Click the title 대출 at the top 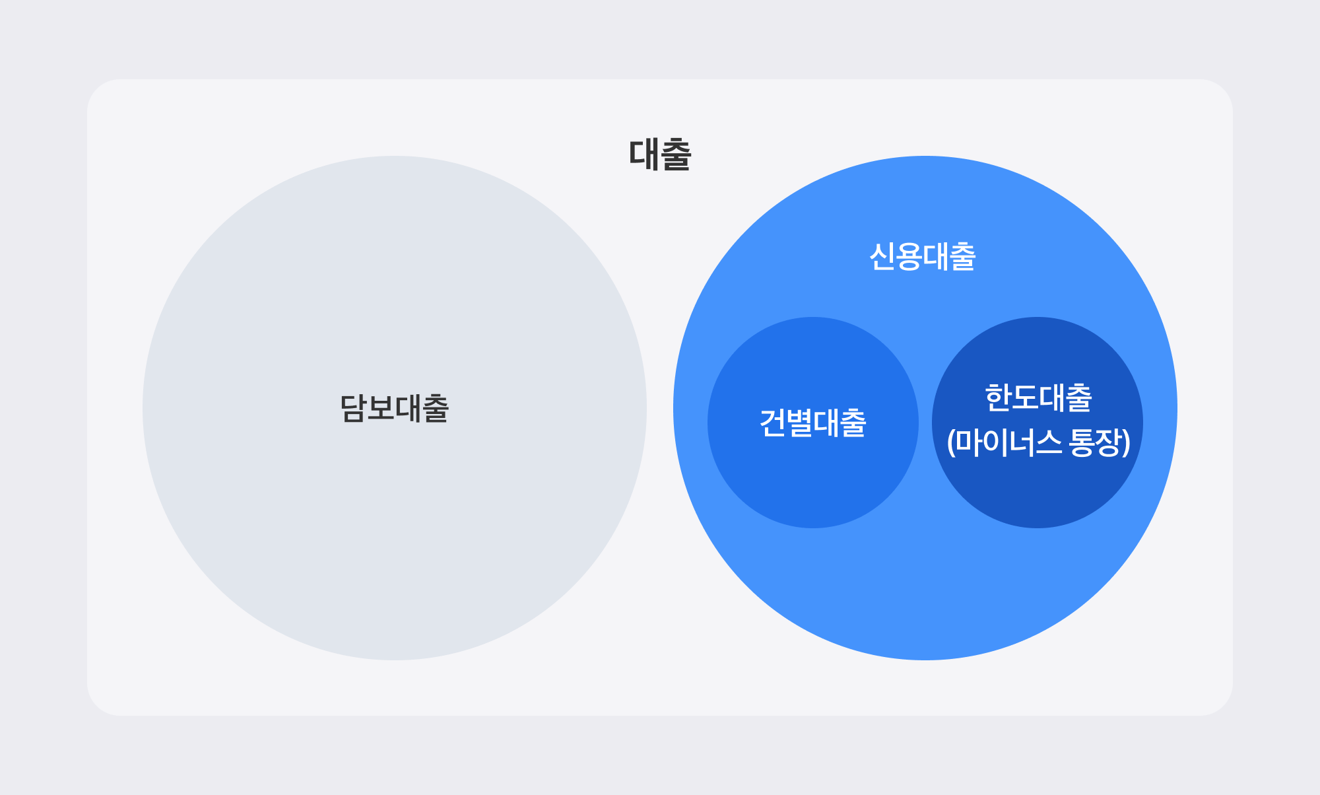click(659, 155)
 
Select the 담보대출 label click(394, 408)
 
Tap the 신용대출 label click(922, 257)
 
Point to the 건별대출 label click(812, 423)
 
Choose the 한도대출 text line click(1038, 398)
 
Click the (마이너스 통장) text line click(1038, 442)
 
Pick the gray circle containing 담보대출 click(394, 528)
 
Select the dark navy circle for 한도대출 click(1037, 495)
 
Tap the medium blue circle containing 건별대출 click(812, 489)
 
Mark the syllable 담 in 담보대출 click(352, 408)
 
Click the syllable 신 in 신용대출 click(882, 257)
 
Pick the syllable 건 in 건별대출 click(772, 423)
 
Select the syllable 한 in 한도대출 click(997, 398)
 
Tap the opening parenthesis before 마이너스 click(951, 442)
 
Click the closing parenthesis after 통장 click(1126, 442)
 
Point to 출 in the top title click(675, 155)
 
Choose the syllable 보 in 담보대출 click(380, 408)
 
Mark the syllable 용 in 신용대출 click(909, 257)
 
